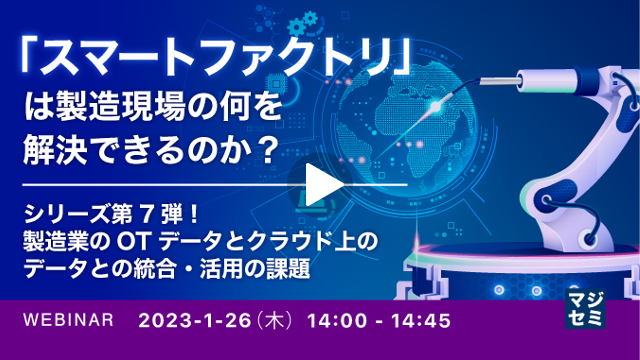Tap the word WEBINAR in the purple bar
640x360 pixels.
point(68,322)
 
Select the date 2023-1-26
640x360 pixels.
point(194,322)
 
